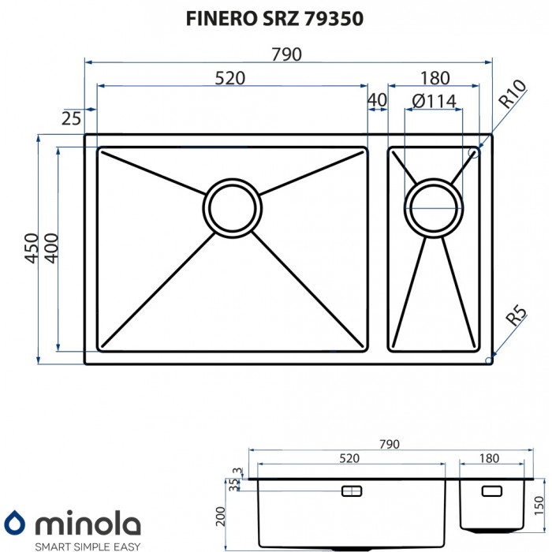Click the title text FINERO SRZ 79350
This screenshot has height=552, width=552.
pos(274,19)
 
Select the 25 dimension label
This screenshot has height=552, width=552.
pos(71,118)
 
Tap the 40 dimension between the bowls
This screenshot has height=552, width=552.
pos(377,101)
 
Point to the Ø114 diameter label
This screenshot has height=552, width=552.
pos(434,101)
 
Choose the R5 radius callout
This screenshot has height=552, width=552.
pos(515,318)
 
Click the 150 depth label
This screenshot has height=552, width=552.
pos(539,504)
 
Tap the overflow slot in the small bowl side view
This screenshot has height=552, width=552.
pos(490,490)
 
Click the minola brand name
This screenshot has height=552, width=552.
pos(86,524)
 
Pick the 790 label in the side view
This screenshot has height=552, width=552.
pos(390,444)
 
